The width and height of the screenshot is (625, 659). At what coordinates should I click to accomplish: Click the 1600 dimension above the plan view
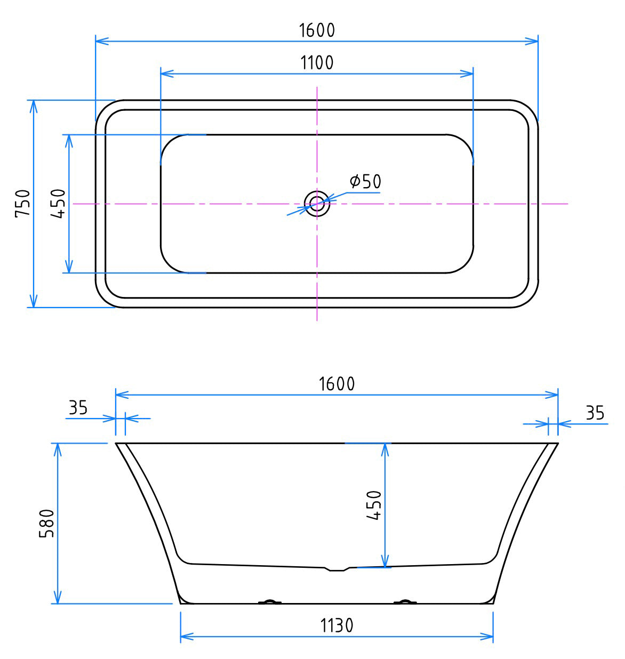point(317,30)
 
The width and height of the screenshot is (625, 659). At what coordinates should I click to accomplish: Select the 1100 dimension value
point(317,63)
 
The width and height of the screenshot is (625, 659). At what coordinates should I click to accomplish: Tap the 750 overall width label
point(22,203)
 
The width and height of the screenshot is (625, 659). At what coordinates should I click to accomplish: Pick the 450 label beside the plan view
point(58,203)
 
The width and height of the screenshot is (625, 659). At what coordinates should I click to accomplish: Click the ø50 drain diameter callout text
point(366,182)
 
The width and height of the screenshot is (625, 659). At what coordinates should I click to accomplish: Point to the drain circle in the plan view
point(317,203)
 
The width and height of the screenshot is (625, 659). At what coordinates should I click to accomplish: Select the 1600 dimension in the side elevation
point(336,384)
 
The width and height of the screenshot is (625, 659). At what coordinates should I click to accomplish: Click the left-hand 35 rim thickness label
point(78,408)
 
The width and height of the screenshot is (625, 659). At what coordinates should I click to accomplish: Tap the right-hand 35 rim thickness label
point(595,413)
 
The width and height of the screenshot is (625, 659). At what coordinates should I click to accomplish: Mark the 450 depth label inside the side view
point(374,505)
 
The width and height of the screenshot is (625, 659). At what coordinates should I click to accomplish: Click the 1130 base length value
point(336,625)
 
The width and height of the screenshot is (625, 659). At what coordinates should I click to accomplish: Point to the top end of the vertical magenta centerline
point(317,87)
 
